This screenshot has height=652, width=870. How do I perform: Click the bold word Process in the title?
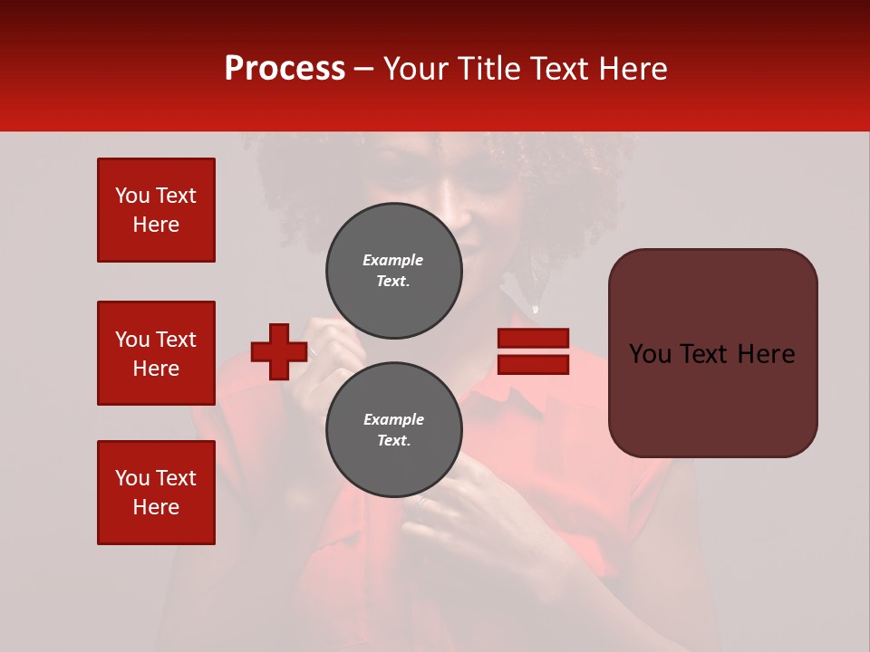click(285, 69)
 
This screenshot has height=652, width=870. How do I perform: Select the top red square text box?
click(156, 210)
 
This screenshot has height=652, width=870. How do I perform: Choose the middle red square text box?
click(156, 353)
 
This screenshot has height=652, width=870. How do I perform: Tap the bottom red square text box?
click(156, 493)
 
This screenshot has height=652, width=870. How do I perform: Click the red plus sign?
click(279, 351)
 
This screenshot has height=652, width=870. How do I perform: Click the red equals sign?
click(533, 351)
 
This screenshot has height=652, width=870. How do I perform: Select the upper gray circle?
click(394, 271)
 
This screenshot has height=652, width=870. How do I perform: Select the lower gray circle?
click(394, 430)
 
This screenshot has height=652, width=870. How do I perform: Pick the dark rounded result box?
click(712, 353)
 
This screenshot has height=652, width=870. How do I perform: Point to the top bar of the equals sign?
click(533, 339)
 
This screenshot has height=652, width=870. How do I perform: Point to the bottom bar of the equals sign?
click(533, 364)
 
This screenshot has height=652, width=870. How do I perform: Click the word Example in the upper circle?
click(393, 260)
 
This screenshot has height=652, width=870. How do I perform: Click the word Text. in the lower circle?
click(393, 441)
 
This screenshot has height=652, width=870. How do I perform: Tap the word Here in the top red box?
click(156, 225)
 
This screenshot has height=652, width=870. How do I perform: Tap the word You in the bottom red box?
click(132, 478)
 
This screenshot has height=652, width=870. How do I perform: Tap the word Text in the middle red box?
click(175, 340)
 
